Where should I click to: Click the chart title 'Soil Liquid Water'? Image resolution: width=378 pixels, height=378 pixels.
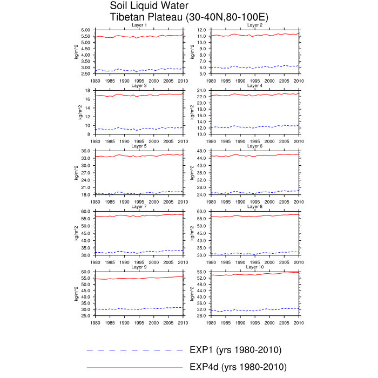point(149,6)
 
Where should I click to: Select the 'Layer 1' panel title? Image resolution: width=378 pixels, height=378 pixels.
point(139,25)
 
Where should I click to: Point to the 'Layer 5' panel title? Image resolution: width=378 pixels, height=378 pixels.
point(139,146)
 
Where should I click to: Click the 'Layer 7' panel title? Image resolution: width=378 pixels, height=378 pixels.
point(139,206)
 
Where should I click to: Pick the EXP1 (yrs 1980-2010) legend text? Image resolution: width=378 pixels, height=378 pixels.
point(235,350)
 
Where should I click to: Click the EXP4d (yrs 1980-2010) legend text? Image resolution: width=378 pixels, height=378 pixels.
point(238,367)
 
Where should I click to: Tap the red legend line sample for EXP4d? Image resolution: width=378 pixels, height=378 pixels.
point(134,368)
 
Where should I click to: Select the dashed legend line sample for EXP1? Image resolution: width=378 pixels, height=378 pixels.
point(134,350)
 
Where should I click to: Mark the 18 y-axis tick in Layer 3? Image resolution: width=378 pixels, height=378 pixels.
point(88,91)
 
